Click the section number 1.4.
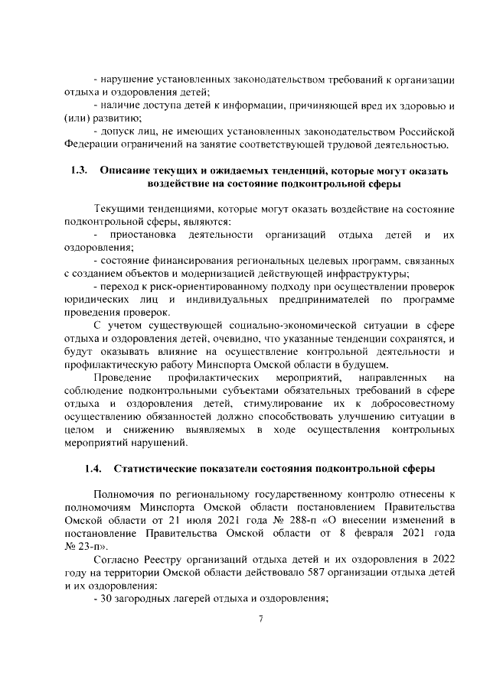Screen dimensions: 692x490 pyautogui.click(x=92, y=468)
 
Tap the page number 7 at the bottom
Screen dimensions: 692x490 pyautogui.click(x=261, y=619)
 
